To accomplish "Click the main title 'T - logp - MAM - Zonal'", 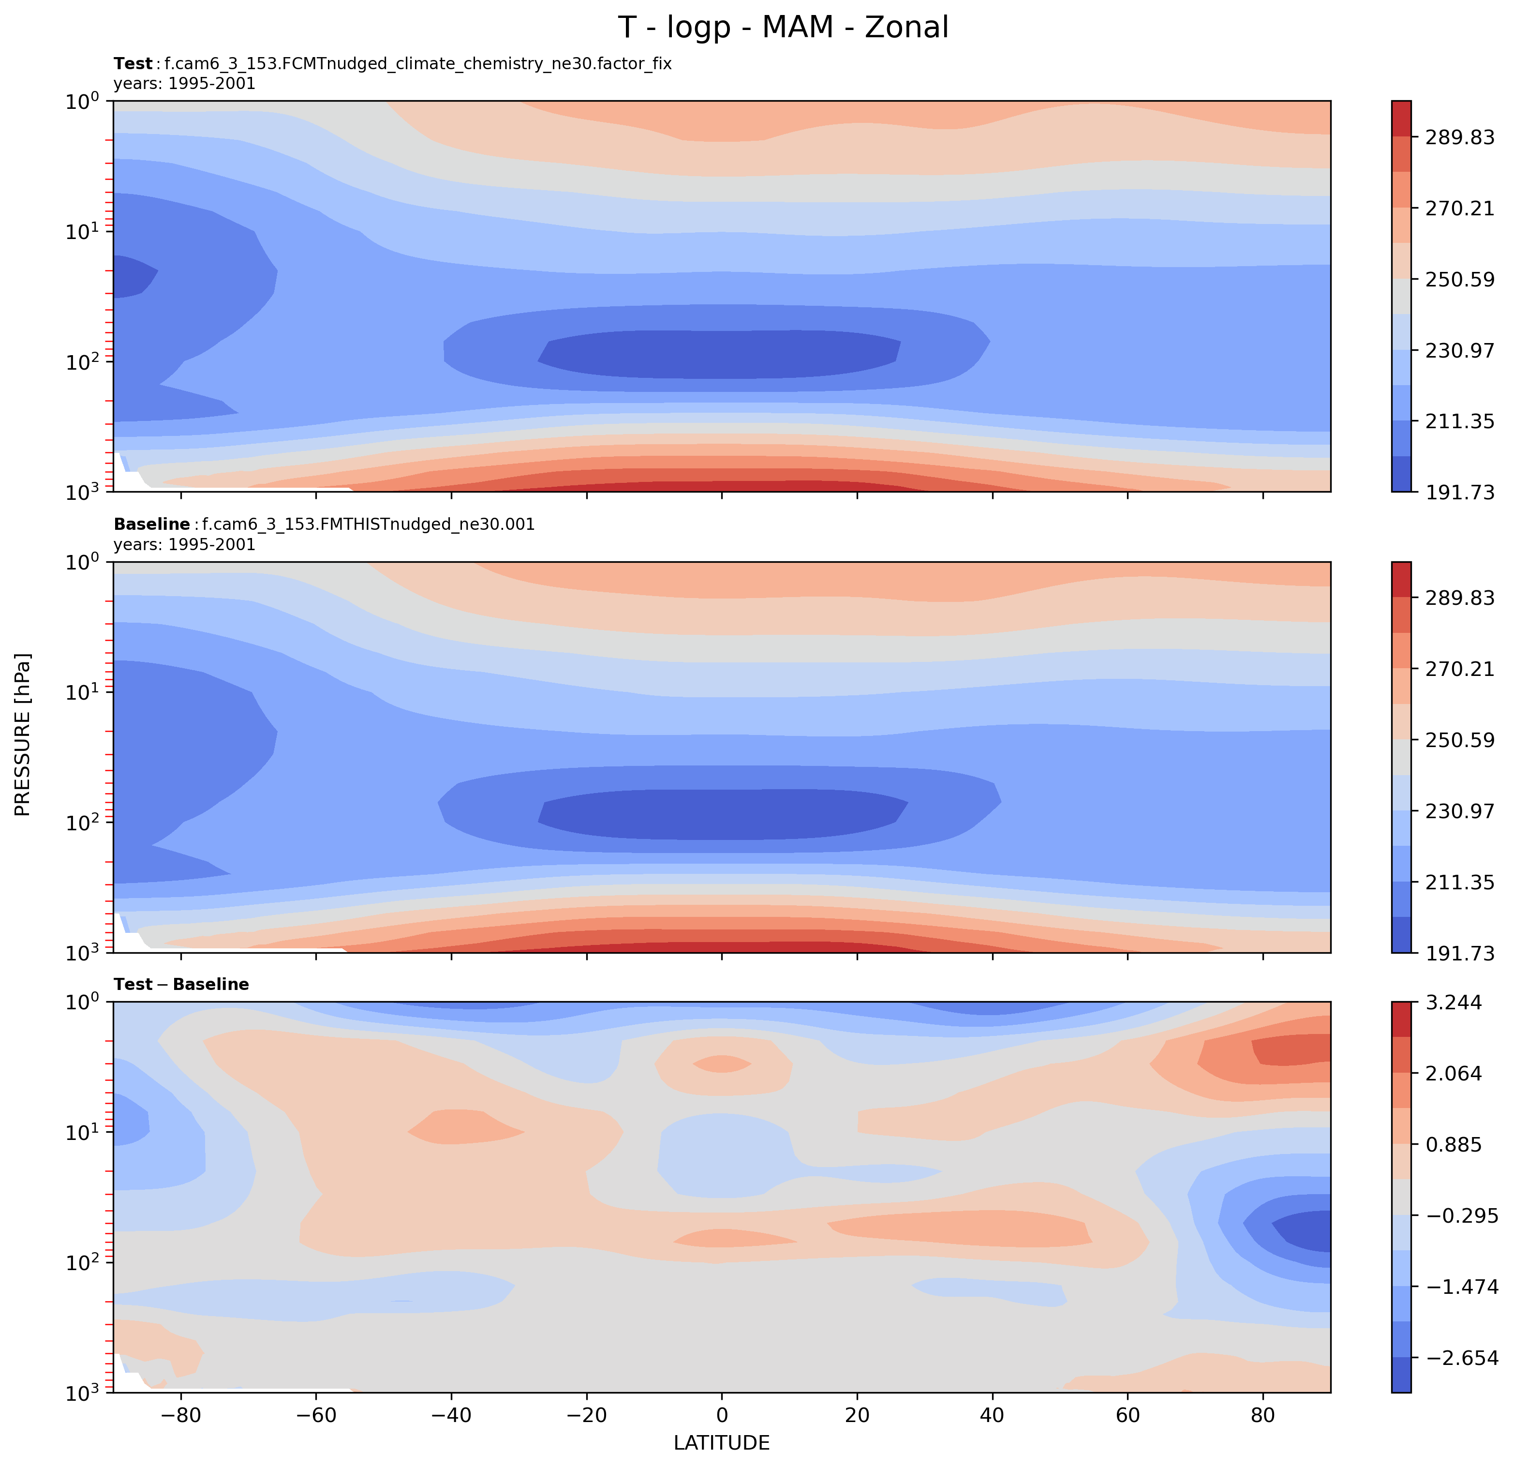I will pos(783,28).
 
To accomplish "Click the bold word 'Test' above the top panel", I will pos(133,64).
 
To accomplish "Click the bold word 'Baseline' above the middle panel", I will pos(151,524).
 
